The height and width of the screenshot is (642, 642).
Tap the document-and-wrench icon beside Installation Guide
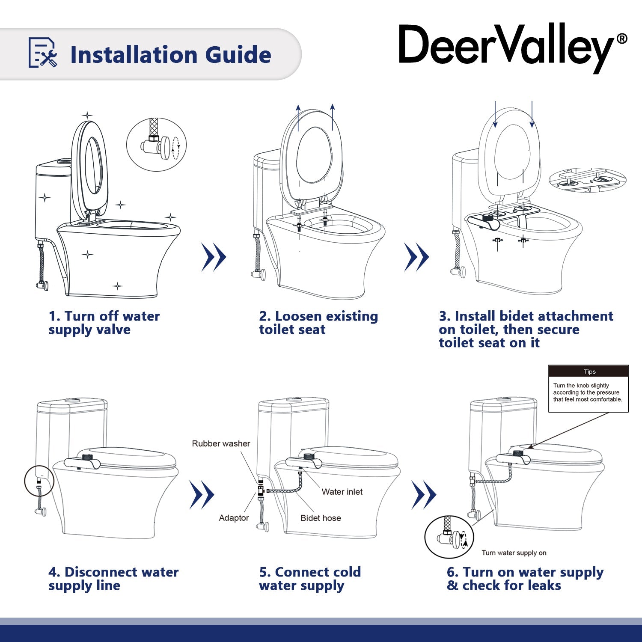[x=42, y=53]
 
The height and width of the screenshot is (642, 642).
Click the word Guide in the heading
[x=238, y=55]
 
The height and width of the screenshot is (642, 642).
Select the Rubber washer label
[x=221, y=444]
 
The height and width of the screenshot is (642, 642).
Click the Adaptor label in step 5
[x=234, y=518]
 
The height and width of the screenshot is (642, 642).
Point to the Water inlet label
[x=342, y=492]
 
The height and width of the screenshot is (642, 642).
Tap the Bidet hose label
[x=321, y=518]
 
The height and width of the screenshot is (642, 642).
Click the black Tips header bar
[x=588, y=371]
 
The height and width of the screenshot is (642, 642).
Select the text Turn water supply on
[x=514, y=553]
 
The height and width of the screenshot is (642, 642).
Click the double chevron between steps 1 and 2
[x=214, y=257]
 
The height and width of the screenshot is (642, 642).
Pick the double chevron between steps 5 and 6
[x=424, y=495]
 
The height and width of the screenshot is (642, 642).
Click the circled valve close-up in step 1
[x=157, y=145]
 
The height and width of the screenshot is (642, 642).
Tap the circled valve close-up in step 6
[x=449, y=537]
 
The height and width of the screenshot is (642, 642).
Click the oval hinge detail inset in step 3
[x=587, y=180]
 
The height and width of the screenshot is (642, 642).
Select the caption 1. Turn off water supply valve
[x=104, y=323]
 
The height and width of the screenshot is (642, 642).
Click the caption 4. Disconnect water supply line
[x=113, y=579]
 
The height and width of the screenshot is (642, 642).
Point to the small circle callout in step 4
[x=39, y=481]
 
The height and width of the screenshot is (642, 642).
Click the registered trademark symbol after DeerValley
[x=622, y=39]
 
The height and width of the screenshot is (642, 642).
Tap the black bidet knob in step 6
[x=518, y=453]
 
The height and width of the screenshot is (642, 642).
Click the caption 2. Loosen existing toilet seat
[x=318, y=323]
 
